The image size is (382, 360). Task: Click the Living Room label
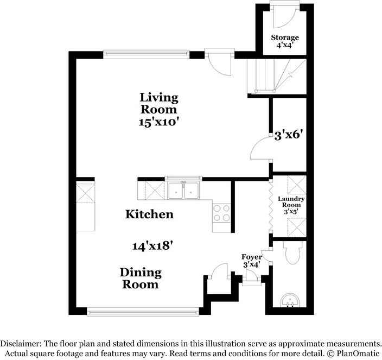(158, 103)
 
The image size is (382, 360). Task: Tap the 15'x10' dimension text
(158, 122)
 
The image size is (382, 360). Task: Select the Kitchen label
(150, 214)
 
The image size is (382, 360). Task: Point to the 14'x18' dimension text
(152, 245)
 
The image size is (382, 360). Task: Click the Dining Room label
(141, 278)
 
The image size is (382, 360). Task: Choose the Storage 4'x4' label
(285, 41)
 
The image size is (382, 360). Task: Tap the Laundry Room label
(291, 202)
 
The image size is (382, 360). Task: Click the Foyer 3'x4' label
(252, 260)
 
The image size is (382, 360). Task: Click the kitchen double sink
(183, 191)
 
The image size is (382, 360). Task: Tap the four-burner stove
(222, 212)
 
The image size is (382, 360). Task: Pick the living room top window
(147, 54)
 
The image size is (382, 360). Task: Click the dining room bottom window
(143, 312)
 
